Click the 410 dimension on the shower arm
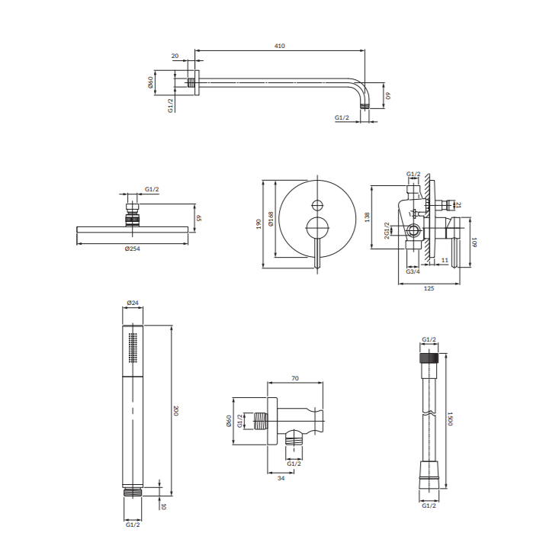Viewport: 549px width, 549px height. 279,46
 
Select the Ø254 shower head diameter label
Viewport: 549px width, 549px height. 133,249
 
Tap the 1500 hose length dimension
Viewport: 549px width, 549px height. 450,419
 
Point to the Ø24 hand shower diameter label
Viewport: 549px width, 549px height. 133,303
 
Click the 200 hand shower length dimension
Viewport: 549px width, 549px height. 176,411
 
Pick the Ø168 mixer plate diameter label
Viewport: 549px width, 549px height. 271,219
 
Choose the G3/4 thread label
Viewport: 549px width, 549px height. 413,271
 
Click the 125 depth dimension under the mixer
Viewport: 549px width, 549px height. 429,288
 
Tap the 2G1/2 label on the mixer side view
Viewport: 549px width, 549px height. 387,231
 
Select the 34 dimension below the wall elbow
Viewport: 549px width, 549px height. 281,478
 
